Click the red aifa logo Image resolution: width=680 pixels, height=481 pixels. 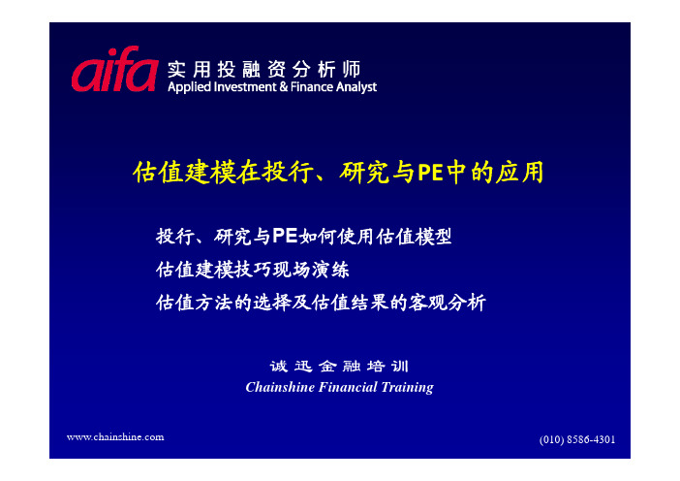[114, 70]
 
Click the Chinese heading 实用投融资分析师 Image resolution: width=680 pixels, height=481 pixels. [264, 69]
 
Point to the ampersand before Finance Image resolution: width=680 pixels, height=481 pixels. [284, 87]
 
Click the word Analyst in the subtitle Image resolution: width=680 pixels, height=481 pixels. [356, 87]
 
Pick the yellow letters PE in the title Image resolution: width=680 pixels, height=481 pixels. [430, 173]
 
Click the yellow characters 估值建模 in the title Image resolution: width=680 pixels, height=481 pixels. [183, 173]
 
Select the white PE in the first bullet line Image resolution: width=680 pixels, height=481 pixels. [285, 237]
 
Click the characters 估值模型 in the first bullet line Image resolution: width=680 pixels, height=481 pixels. [414, 237]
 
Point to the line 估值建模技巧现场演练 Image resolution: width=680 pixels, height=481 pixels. [253, 270]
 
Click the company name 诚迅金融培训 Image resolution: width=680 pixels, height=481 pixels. [339, 367]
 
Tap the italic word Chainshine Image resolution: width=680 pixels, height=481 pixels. [280, 387]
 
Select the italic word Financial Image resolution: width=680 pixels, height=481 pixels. [348, 387]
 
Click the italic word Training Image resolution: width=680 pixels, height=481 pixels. [407, 387]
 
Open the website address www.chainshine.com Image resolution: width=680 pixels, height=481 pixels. [115, 437]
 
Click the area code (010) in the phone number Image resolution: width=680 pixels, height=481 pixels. [551, 439]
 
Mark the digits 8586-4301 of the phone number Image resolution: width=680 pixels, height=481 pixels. [591, 439]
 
